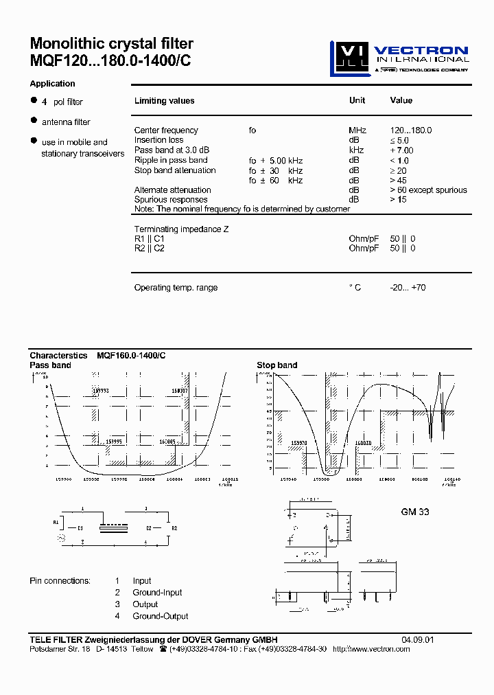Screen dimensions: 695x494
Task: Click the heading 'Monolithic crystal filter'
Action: (112, 45)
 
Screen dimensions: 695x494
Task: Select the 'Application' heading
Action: (52, 84)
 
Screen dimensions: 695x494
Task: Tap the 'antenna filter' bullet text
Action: (66, 122)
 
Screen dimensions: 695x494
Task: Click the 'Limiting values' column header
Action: (164, 101)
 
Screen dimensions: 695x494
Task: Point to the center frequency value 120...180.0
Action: (411, 130)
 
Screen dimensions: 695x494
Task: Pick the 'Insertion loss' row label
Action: (158, 140)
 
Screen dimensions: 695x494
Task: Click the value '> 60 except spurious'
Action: (428, 190)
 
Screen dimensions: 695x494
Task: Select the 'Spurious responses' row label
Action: (170, 200)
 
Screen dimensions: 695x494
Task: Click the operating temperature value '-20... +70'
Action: (408, 288)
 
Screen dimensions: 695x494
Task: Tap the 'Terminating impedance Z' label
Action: (181, 229)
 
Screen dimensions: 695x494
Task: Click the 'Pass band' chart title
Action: (50, 365)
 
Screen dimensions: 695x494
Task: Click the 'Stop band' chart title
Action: (277, 365)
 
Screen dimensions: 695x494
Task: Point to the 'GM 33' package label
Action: (415, 512)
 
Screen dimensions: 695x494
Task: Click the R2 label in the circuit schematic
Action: (174, 528)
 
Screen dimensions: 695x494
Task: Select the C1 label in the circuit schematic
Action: (80, 528)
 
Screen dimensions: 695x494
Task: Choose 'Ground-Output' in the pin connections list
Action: (161, 616)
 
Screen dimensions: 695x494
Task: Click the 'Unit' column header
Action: (357, 100)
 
